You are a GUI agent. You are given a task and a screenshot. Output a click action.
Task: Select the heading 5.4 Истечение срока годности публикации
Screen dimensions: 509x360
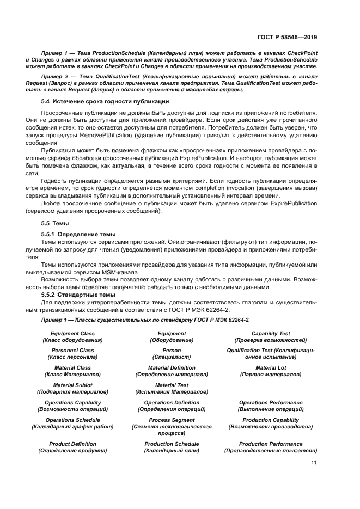point(105,102)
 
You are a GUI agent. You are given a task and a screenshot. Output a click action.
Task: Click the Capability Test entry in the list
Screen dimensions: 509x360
point(271,333)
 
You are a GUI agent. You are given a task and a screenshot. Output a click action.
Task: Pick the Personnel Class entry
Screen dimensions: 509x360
point(72,351)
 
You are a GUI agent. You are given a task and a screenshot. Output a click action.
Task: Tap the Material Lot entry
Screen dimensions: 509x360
point(271,368)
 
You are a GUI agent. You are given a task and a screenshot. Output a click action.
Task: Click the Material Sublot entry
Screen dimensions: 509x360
point(72,385)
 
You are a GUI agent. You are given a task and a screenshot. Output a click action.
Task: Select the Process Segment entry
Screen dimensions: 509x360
point(172,420)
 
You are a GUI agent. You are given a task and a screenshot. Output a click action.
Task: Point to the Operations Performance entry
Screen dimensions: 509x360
point(271,403)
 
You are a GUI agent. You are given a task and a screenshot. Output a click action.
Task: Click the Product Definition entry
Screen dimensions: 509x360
point(72,444)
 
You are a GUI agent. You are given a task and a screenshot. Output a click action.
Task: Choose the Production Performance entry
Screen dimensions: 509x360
point(271,444)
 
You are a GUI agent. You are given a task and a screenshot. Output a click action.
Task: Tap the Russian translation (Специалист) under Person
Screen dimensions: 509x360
point(172,357)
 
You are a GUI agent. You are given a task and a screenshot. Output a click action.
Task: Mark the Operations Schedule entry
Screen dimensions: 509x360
point(72,420)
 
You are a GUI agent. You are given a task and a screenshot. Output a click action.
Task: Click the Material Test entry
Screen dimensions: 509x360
point(172,385)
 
